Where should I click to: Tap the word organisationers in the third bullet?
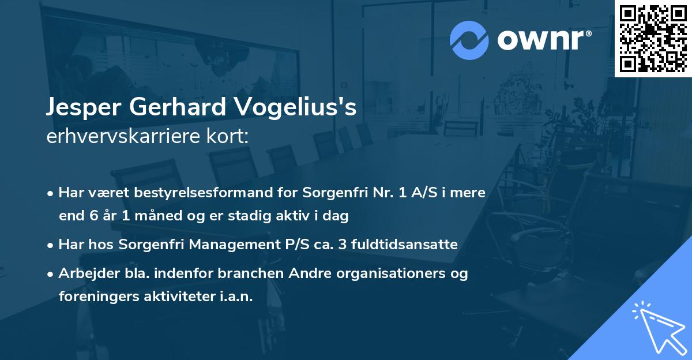pos(388,273)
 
